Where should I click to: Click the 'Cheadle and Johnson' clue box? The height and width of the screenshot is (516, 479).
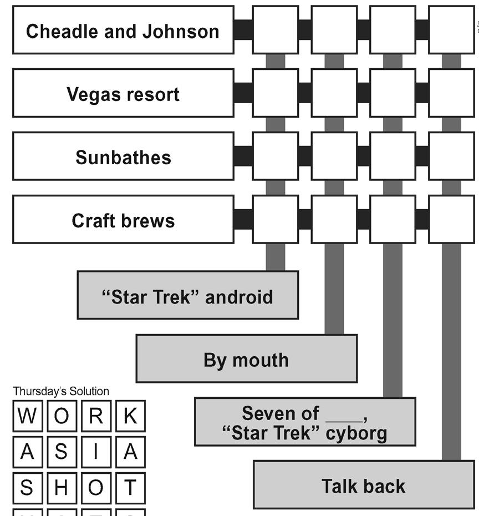123,31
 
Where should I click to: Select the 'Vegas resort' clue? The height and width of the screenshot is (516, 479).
123,93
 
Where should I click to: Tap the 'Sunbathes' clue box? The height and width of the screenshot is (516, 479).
123,156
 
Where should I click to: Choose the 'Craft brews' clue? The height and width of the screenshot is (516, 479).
123,220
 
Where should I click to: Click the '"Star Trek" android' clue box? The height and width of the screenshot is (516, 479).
187,296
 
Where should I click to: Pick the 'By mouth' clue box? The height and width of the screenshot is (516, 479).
246,359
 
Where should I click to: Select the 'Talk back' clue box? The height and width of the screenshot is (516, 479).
363,485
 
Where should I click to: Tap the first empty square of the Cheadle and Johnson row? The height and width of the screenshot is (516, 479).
276,30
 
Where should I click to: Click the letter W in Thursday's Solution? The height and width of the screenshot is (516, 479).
27,416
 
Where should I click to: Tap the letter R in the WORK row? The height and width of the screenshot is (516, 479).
96,416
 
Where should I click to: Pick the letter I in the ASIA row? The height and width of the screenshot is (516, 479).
96,452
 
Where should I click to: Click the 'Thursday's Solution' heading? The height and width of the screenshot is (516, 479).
61,391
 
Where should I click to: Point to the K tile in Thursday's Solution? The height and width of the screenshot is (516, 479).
130,416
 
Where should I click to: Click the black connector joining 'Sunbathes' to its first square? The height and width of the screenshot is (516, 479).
243,156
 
